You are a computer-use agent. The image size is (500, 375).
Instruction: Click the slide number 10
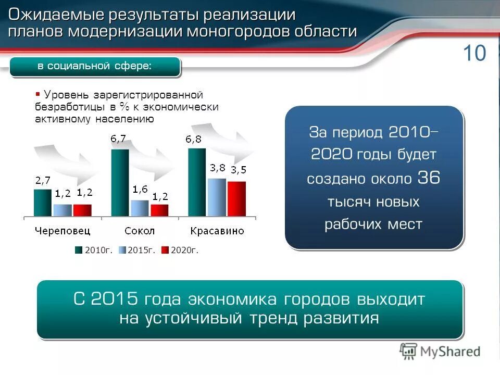[x=473, y=53]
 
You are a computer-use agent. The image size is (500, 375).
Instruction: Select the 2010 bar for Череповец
[x=43, y=203]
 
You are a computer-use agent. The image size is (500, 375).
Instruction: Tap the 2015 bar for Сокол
[x=140, y=208]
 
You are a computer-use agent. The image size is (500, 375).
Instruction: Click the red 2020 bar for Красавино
[x=236, y=198]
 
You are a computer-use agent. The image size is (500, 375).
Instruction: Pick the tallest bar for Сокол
[x=120, y=182]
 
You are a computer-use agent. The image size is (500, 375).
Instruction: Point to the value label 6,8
[x=195, y=139]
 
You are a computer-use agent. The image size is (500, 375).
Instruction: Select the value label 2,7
[x=43, y=180]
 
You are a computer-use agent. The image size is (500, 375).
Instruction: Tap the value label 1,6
[x=140, y=189]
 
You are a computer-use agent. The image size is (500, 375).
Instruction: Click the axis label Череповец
[x=63, y=230]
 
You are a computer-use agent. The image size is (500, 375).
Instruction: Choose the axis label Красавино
[x=217, y=230]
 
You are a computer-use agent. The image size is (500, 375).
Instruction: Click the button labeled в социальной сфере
[x=95, y=66]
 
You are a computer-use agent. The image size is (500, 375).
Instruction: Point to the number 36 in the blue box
[x=429, y=178]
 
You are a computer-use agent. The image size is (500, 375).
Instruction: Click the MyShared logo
[x=440, y=352]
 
